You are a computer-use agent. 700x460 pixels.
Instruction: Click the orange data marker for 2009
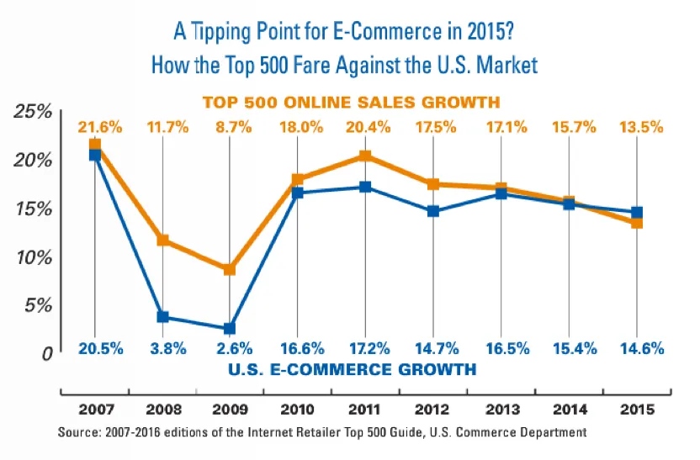pos(230,269)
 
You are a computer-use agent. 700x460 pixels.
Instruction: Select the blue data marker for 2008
pos(162,317)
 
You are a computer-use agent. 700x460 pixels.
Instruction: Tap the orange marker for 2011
pos(365,156)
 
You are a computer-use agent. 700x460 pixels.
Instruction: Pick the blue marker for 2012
pos(433,211)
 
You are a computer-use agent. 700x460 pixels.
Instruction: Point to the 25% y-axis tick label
pos(33,112)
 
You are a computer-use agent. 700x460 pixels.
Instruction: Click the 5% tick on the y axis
pos(37,305)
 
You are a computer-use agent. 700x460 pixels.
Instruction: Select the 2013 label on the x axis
pos(501,411)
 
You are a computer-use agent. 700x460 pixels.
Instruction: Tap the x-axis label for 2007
pos(94,411)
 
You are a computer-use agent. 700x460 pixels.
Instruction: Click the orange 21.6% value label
pos(101,128)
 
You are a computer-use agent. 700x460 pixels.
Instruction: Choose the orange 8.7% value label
pos(230,128)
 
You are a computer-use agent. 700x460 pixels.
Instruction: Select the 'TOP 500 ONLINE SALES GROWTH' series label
pos(351,102)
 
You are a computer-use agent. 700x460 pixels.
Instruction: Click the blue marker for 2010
pos(298,193)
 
